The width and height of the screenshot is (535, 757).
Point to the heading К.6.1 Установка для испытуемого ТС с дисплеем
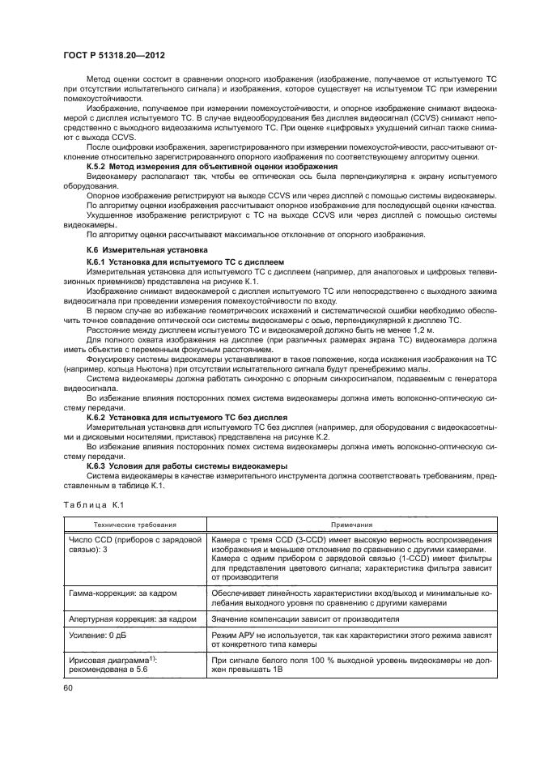(185, 263)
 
